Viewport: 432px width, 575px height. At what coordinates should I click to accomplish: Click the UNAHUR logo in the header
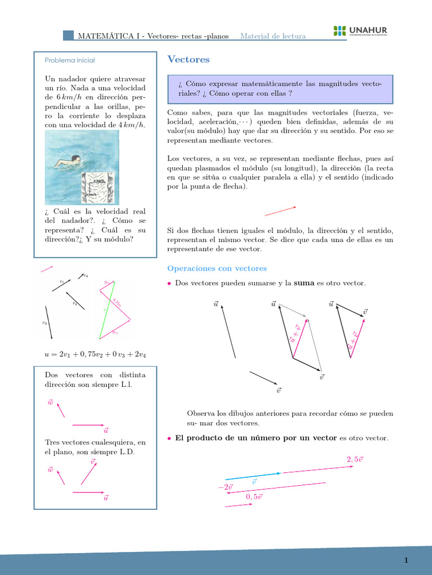[x=360, y=31]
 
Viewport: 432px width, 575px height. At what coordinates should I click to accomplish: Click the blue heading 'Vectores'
[x=188, y=60]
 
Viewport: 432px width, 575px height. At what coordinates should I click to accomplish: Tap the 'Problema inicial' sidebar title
[x=70, y=60]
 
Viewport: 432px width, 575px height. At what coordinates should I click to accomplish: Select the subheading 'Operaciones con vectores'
[x=217, y=268]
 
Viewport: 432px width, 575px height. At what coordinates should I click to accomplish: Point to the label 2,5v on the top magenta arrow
[x=354, y=459]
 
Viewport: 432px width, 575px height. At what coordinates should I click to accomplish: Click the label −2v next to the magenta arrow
[x=225, y=487]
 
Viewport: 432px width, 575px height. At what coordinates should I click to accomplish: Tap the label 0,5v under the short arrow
[x=254, y=497]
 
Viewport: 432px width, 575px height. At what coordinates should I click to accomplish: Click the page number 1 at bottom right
[x=405, y=560]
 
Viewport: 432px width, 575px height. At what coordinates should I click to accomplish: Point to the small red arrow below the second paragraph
[x=280, y=211]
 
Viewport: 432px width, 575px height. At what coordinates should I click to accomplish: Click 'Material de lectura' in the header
[x=273, y=36]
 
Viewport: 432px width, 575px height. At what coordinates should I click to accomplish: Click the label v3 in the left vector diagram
[x=44, y=323]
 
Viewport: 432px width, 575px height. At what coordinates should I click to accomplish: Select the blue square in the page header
[x=68, y=35]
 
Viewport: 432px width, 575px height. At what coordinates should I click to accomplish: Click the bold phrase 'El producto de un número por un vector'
[x=256, y=438]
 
